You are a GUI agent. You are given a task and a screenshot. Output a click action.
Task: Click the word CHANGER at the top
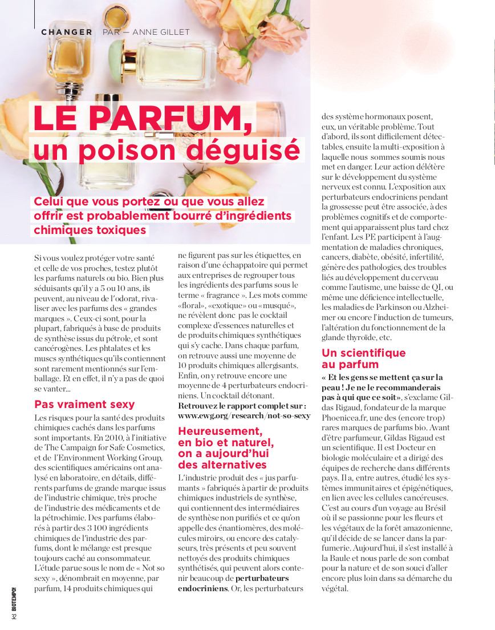67,32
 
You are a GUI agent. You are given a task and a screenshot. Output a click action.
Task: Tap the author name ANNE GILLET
161,32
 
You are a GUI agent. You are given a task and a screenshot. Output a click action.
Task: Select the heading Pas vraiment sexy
84,404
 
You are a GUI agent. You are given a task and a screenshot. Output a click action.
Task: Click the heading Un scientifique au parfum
363,358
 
